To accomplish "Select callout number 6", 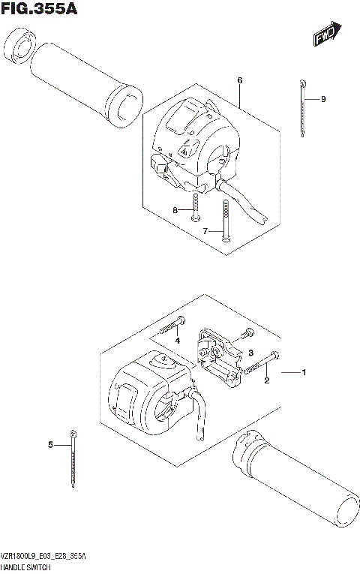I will [239, 80].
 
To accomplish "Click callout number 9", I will [323, 99].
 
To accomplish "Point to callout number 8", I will [175, 211].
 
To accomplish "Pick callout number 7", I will [204, 232].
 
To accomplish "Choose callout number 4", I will [178, 341].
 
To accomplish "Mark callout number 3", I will [252, 353].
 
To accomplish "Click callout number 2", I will [266, 380].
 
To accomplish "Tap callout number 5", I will [50, 445].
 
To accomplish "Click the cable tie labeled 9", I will [301, 109].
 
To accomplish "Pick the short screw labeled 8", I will [195, 206].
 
